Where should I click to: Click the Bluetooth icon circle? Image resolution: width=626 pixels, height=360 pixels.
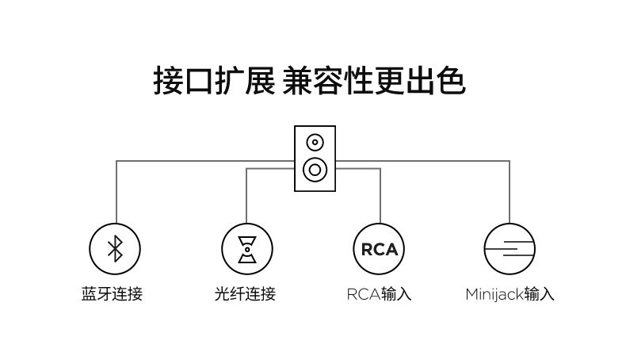pyautogui.click(x=116, y=248)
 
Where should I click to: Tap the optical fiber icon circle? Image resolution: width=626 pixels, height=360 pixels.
pyautogui.click(x=246, y=248)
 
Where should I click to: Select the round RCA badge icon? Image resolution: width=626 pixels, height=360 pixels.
pyautogui.click(x=379, y=248)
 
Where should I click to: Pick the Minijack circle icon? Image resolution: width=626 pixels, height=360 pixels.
pyautogui.click(x=510, y=248)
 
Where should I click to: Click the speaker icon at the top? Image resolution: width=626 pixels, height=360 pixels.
pyautogui.click(x=315, y=158)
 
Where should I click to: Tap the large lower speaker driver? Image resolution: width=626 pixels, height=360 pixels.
pyautogui.click(x=315, y=169)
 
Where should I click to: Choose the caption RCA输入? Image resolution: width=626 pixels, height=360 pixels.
pyautogui.click(x=379, y=294)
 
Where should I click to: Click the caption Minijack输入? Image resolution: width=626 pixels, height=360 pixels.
pyautogui.click(x=510, y=294)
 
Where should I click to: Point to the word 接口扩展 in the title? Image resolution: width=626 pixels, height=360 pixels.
pyautogui.click(x=214, y=82)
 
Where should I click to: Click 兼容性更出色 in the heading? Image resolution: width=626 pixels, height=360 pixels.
pyautogui.click(x=373, y=82)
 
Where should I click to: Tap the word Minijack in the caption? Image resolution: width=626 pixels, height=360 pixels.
pyautogui.click(x=494, y=294)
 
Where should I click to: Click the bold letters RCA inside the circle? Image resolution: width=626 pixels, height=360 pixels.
pyautogui.click(x=379, y=249)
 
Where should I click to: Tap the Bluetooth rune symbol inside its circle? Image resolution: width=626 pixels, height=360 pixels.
pyautogui.click(x=116, y=248)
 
